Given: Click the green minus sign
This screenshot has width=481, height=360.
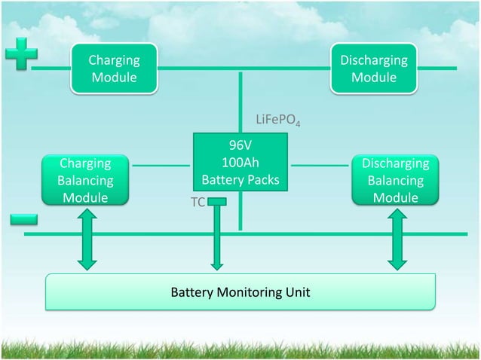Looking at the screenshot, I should coord(24,218).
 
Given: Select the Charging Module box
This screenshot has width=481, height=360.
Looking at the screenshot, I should coord(114,69).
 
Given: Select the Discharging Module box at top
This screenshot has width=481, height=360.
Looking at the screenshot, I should coord(374,69).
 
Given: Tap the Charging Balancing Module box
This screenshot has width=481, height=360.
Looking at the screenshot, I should coord(85,181).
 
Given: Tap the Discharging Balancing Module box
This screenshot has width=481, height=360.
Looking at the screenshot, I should coord(396,181).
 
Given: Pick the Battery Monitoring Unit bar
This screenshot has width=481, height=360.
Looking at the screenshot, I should coord(240,291).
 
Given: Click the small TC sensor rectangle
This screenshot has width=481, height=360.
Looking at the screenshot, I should coord(217,201).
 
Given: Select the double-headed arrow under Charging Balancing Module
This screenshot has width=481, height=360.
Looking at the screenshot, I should coord(87,239).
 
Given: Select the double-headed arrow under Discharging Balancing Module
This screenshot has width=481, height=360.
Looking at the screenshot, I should coord(397,239).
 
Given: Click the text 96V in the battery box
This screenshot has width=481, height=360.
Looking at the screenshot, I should coord(240,145).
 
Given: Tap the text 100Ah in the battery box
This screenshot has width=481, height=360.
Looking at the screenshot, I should coord(240,163).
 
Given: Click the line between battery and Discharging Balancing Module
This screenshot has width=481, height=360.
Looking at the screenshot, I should coord(320,164).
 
